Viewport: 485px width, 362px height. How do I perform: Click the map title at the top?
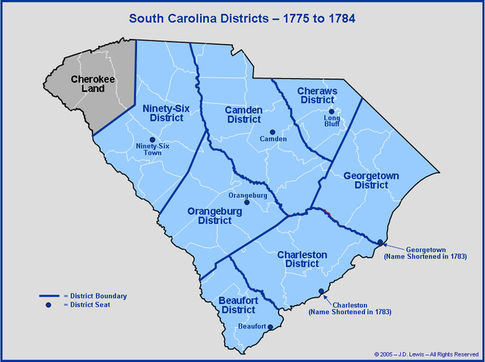point(242,16)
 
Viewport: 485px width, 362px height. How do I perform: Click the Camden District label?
point(244,115)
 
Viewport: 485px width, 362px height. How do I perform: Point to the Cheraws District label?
point(318,95)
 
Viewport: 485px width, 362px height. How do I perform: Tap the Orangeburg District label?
point(204,216)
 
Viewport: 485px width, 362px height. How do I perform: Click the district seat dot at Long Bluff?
point(331,112)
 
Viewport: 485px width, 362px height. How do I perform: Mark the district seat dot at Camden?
point(273,131)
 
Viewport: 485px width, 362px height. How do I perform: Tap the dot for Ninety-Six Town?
point(152,140)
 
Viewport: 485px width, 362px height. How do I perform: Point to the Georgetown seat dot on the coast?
point(380,243)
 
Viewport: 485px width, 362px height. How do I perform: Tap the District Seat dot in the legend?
point(48,305)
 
